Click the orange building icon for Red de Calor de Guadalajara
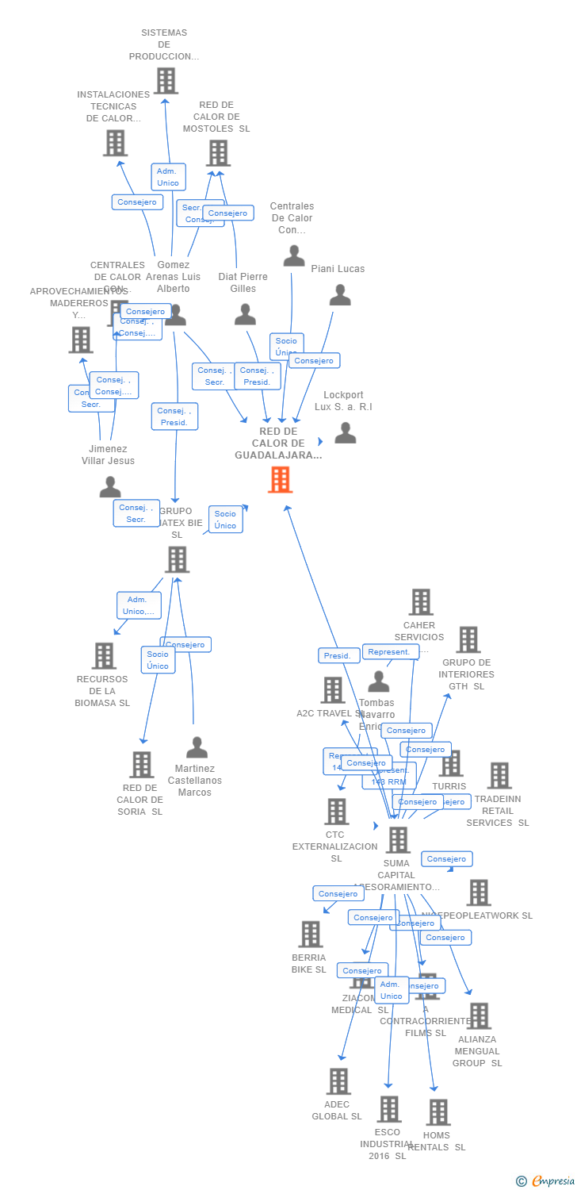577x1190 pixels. [x=280, y=480]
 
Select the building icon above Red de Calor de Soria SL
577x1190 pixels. [x=142, y=765]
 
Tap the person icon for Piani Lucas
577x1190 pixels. [x=340, y=295]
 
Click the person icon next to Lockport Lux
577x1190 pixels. [x=345, y=432]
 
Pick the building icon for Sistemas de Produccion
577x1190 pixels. [x=166, y=81]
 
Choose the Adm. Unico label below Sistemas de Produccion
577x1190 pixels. [x=168, y=177]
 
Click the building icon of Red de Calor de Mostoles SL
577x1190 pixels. [x=218, y=153]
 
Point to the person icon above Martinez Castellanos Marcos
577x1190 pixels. [x=197, y=747]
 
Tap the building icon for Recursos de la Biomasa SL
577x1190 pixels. [x=104, y=656]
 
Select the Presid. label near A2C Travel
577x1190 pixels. [x=337, y=656]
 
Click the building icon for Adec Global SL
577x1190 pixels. [x=338, y=1081]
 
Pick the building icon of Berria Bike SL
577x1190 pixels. [x=311, y=935]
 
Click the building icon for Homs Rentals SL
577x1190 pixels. [x=438, y=1112]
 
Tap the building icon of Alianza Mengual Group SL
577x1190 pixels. [x=478, y=1016]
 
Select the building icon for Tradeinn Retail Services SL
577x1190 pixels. [x=499, y=776]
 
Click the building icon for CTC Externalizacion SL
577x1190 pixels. [x=337, y=812]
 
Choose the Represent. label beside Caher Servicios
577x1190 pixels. [x=389, y=652]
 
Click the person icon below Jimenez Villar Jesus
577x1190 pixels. [x=110, y=487]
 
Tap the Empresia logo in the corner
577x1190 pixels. [x=546, y=1181]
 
